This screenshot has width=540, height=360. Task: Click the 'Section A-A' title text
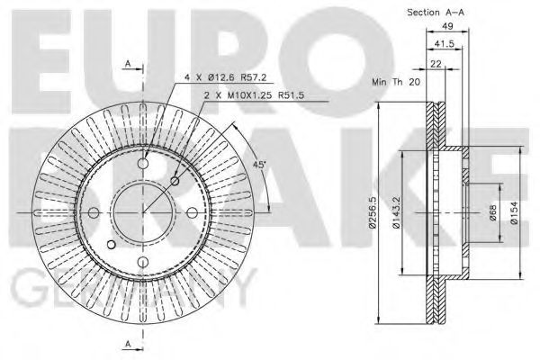click(436, 13)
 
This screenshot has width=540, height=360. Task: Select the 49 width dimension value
click(447, 26)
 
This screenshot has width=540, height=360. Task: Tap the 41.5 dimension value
click(444, 44)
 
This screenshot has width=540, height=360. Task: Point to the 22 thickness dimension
click(436, 64)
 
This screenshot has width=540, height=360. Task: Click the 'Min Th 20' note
click(396, 82)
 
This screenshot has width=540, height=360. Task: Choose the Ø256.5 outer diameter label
click(372, 212)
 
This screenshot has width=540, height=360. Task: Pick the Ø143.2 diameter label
click(396, 212)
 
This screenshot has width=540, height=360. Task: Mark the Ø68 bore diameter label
click(493, 213)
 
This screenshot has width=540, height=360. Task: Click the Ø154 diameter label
click(514, 213)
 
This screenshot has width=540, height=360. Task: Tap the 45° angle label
click(259, 165)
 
